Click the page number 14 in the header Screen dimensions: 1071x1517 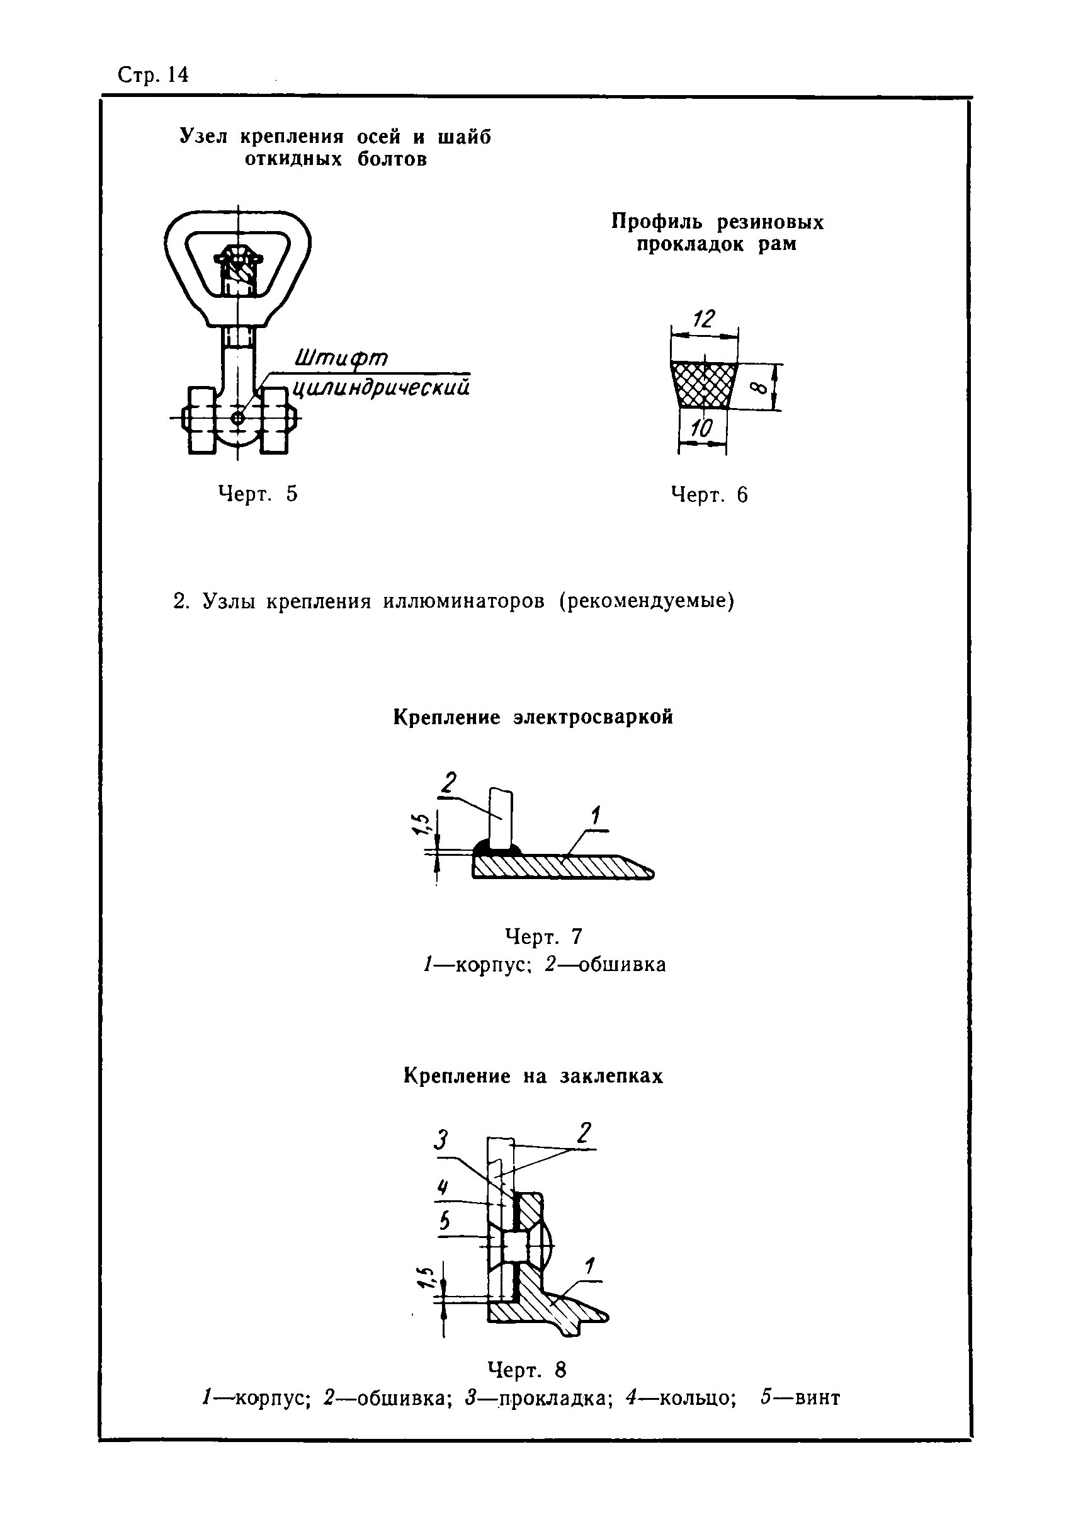click(x=178, y=76)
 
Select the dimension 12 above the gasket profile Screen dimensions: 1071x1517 click(x=704, y=320)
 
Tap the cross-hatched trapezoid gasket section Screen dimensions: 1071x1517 click(x=704, y=385)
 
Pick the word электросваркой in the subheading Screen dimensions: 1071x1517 click(x=593, y=717)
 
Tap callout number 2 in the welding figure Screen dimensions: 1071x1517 click(x=449, y=783)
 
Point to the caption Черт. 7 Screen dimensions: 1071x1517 click(x=543, y=936)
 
